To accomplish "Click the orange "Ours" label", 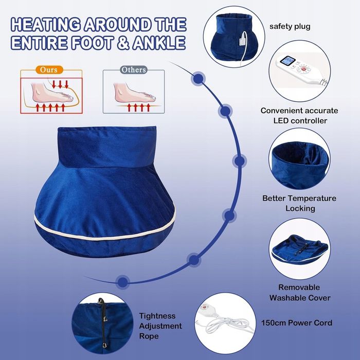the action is pos(49,69).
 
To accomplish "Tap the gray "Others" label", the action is pos(133,69).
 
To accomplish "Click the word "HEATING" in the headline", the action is pos(46,24).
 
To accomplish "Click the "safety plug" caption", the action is pos(290,26).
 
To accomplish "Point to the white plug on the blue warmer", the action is pos(243,41).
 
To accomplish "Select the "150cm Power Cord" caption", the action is pos(297,322).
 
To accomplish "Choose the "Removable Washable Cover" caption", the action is pos(300,293).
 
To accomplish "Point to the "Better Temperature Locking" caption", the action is pos(299,203).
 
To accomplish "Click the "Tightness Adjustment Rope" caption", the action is pos(160,326).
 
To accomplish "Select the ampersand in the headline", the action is pos(123,43).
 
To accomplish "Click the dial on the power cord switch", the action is pos(204,307).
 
